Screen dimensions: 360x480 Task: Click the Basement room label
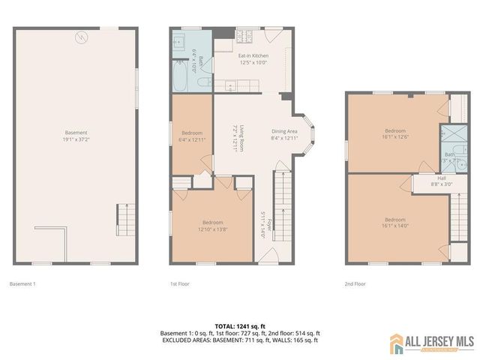point(76,132)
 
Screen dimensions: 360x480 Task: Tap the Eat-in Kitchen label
point(253,56)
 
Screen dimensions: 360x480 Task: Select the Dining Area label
point(284,132)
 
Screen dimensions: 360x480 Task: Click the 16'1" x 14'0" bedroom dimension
point(395,205)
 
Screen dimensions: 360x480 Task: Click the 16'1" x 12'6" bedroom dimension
point(395,137)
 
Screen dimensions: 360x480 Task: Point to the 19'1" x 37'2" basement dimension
point(76,139)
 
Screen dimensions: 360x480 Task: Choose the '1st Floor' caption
point(180,284)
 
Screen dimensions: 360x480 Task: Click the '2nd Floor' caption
point(355,284)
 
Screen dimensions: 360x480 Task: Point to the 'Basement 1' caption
point(22,284)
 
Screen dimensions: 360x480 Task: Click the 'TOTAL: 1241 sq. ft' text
point(240,325)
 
